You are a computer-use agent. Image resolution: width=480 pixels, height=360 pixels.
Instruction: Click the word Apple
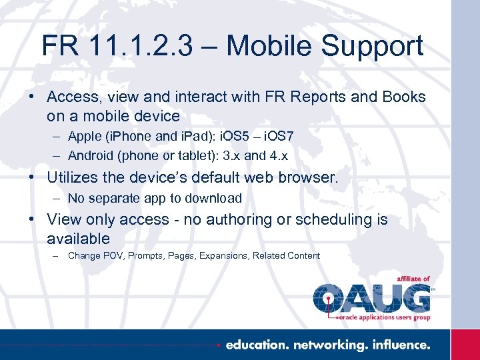(x=85, y=136)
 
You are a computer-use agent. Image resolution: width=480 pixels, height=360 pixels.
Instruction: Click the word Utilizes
(x=75, y=178)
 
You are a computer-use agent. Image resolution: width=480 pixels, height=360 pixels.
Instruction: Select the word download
(x=214, y=198)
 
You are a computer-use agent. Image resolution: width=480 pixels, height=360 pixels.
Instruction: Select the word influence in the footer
(x=399, y=345)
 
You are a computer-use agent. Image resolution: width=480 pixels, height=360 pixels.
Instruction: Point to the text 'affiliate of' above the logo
(x=413, y=279)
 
